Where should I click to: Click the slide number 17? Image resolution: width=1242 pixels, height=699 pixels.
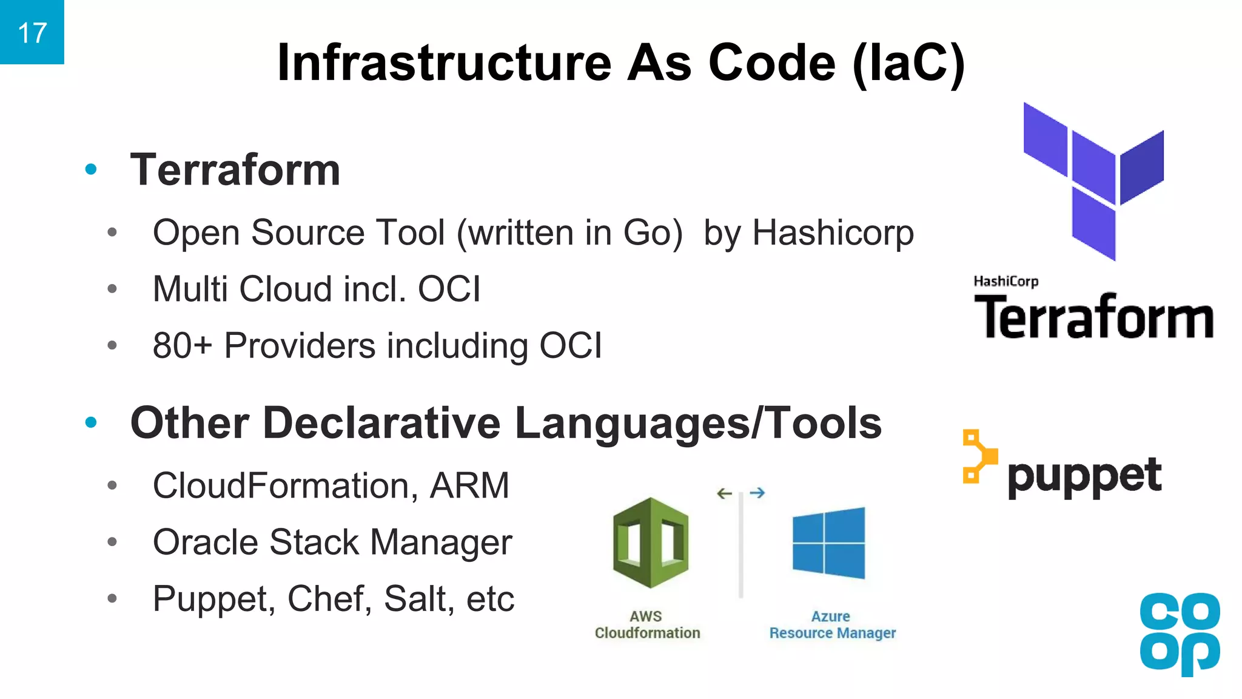(32, 33)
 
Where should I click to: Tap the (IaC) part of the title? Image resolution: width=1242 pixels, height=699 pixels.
(908, 62)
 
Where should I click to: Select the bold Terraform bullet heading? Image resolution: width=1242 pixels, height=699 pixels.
(235, 170)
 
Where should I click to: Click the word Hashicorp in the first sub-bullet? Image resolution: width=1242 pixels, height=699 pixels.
(833, 232)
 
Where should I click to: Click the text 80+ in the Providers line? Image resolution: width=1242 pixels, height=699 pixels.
(183, 346)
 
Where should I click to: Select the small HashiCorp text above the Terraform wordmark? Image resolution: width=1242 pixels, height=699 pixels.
(1005, 281)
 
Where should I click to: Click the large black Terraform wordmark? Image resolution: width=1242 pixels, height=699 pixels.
(1093, 317)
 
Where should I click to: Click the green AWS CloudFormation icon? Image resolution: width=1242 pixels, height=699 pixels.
(650, 542)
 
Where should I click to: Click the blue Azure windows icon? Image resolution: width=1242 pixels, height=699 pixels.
(828, 542)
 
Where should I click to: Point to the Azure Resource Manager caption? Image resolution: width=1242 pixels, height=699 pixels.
(832, 625)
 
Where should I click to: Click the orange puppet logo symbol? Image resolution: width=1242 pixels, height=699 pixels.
(978, 457)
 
